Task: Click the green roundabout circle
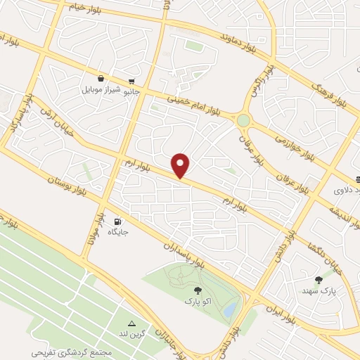(x=243, y=121)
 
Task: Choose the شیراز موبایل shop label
(x=102, y=91)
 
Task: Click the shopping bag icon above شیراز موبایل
(x=102, y=79)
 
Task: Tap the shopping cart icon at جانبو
(x=131, y=81)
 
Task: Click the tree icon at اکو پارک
(x=196, y=290)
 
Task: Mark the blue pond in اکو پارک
(x=230, y=309)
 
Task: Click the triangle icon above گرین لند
(x=131, y=323)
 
